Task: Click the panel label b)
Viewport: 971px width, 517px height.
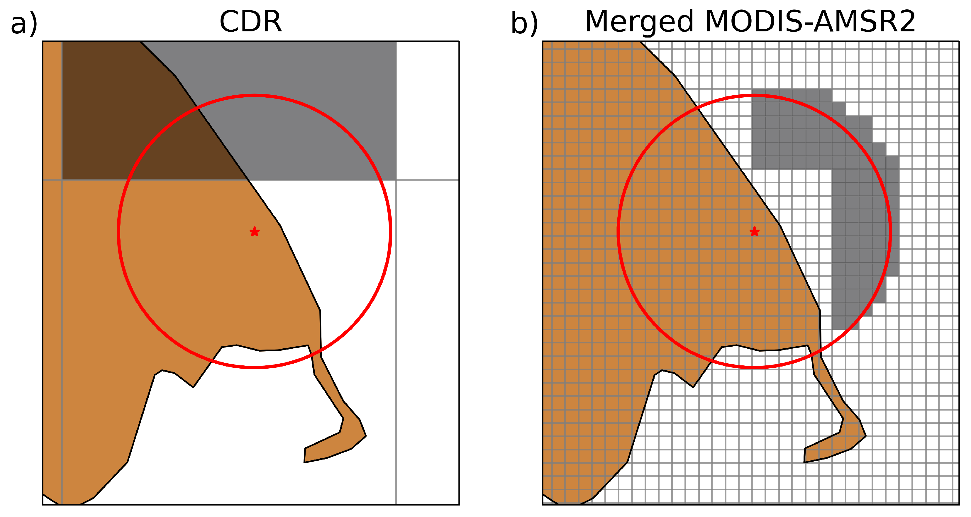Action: click(524, 23)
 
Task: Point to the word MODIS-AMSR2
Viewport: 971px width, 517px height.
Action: click(810, 22)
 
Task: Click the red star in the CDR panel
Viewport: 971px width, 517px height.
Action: click(255, 231)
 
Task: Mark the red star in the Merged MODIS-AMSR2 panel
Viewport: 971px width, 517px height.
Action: click(754, 231)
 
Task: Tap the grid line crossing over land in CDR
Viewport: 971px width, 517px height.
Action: click(151, 180)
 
